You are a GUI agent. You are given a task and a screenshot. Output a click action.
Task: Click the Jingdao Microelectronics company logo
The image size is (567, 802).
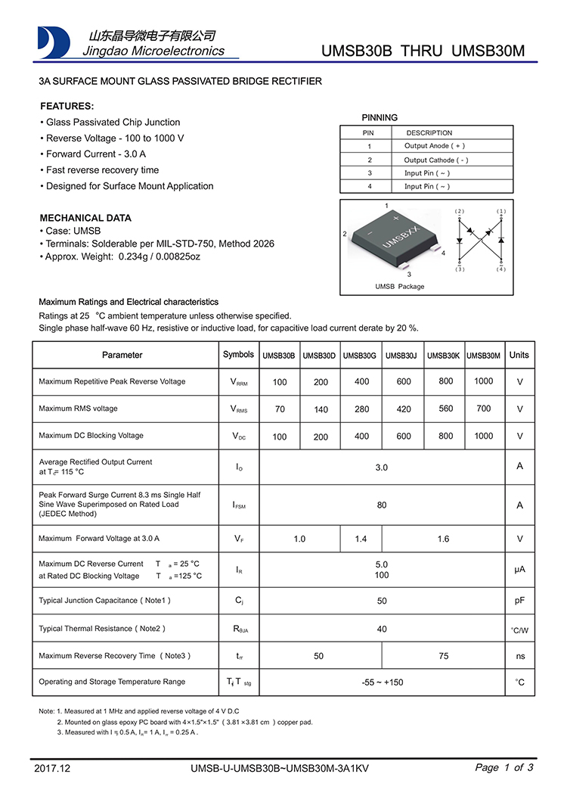point(54,42)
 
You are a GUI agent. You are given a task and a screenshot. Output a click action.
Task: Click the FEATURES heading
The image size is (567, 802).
point(67,106)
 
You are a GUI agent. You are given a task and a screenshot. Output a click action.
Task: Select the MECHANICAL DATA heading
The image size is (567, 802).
point(85,218)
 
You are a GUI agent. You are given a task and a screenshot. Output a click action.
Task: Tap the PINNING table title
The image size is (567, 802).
point(380,117)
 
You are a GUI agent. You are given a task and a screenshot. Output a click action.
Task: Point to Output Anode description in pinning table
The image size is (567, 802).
point(435,146)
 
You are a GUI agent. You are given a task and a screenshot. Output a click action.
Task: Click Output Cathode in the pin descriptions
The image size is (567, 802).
point(436,160)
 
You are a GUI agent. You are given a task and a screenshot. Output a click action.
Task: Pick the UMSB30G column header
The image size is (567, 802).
point(360,356)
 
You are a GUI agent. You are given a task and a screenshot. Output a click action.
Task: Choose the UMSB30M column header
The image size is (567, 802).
point(483,356)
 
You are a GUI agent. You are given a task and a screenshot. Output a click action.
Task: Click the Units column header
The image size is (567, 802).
point(519,355)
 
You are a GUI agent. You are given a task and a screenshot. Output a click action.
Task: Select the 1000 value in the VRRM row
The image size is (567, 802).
point(483,381)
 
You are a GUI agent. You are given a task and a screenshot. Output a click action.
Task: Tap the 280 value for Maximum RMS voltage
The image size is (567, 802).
point(362,409)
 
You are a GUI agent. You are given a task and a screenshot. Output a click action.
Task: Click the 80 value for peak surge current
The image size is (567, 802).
point(382,505)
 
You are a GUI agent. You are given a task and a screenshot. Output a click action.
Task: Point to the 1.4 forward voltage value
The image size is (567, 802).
point(361,539)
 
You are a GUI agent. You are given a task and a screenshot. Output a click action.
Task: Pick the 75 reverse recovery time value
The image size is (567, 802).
point(443,656)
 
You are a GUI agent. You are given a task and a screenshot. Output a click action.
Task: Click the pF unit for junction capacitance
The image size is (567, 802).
point(519,601)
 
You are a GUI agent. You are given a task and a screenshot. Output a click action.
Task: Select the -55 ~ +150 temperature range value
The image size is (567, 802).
point(382,682)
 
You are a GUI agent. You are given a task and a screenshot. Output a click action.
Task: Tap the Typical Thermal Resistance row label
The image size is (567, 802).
point(102,629)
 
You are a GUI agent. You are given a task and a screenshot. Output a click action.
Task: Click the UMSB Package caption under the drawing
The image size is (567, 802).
point(400,287)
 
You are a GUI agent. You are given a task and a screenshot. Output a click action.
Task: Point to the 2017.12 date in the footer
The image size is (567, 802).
point(52,768)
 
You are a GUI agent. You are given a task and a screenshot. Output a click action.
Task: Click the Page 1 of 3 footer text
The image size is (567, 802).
point(504,767)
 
